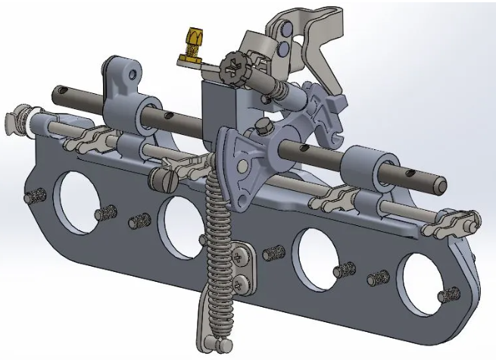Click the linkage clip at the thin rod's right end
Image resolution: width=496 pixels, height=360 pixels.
[x=462, y=223]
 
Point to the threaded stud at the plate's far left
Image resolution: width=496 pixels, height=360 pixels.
[x=32, y=197]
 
